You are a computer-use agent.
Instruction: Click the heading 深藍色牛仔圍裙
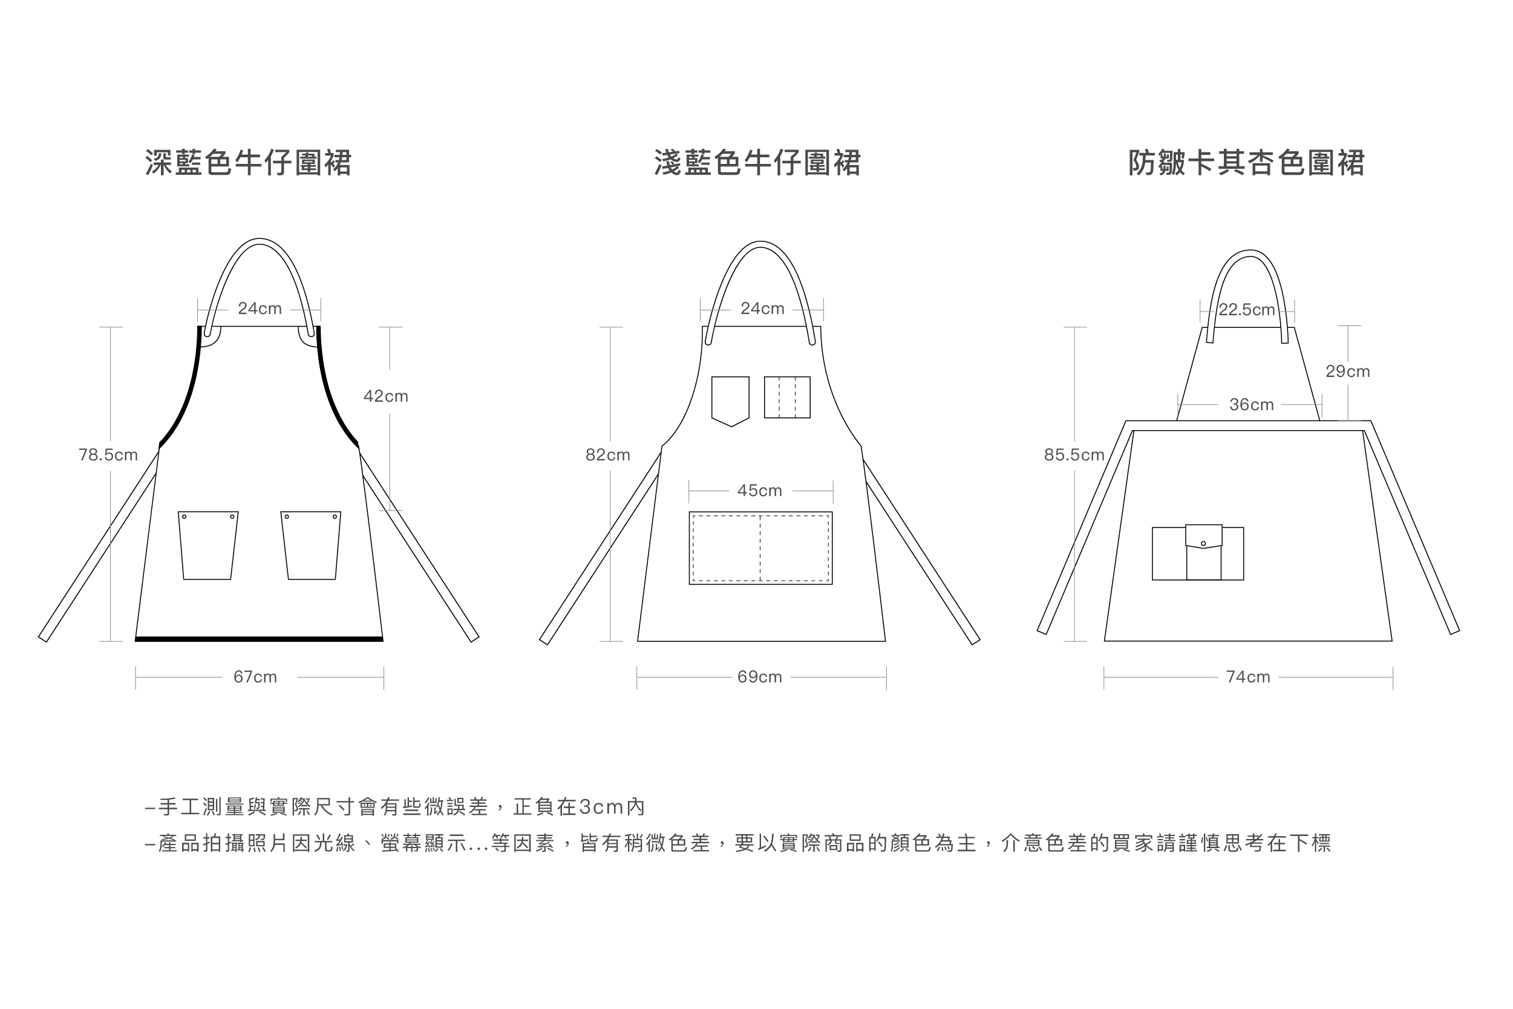[x=248, y=163]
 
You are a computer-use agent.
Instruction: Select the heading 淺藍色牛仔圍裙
[x=757, y=163]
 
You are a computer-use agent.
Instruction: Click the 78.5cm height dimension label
[x=108, y=455]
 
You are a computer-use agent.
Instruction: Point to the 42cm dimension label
[x=385, y=396]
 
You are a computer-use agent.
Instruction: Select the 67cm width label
[x=255, y=677]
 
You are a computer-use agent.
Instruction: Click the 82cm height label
[x=607, y=455]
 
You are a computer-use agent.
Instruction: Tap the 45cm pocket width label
[x=759, y=491]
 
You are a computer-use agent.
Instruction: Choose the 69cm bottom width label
[x=759, y=677]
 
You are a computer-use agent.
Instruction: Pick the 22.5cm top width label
[x=1247, y=310]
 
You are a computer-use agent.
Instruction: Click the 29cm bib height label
[x=1348, y=371]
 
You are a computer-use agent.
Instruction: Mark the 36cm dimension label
[x=1251, y=405]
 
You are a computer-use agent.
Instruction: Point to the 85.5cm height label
[x=1074, y=455]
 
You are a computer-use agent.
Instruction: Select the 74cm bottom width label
[x=1248, y=677]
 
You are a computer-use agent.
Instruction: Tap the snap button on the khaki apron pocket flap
[x=1203, y=544]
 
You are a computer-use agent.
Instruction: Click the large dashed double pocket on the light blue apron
[x=760, y=548]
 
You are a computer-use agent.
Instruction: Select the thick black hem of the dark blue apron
[x=259, y=639]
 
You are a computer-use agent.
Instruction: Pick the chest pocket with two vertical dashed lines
[x=787, y=397]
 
